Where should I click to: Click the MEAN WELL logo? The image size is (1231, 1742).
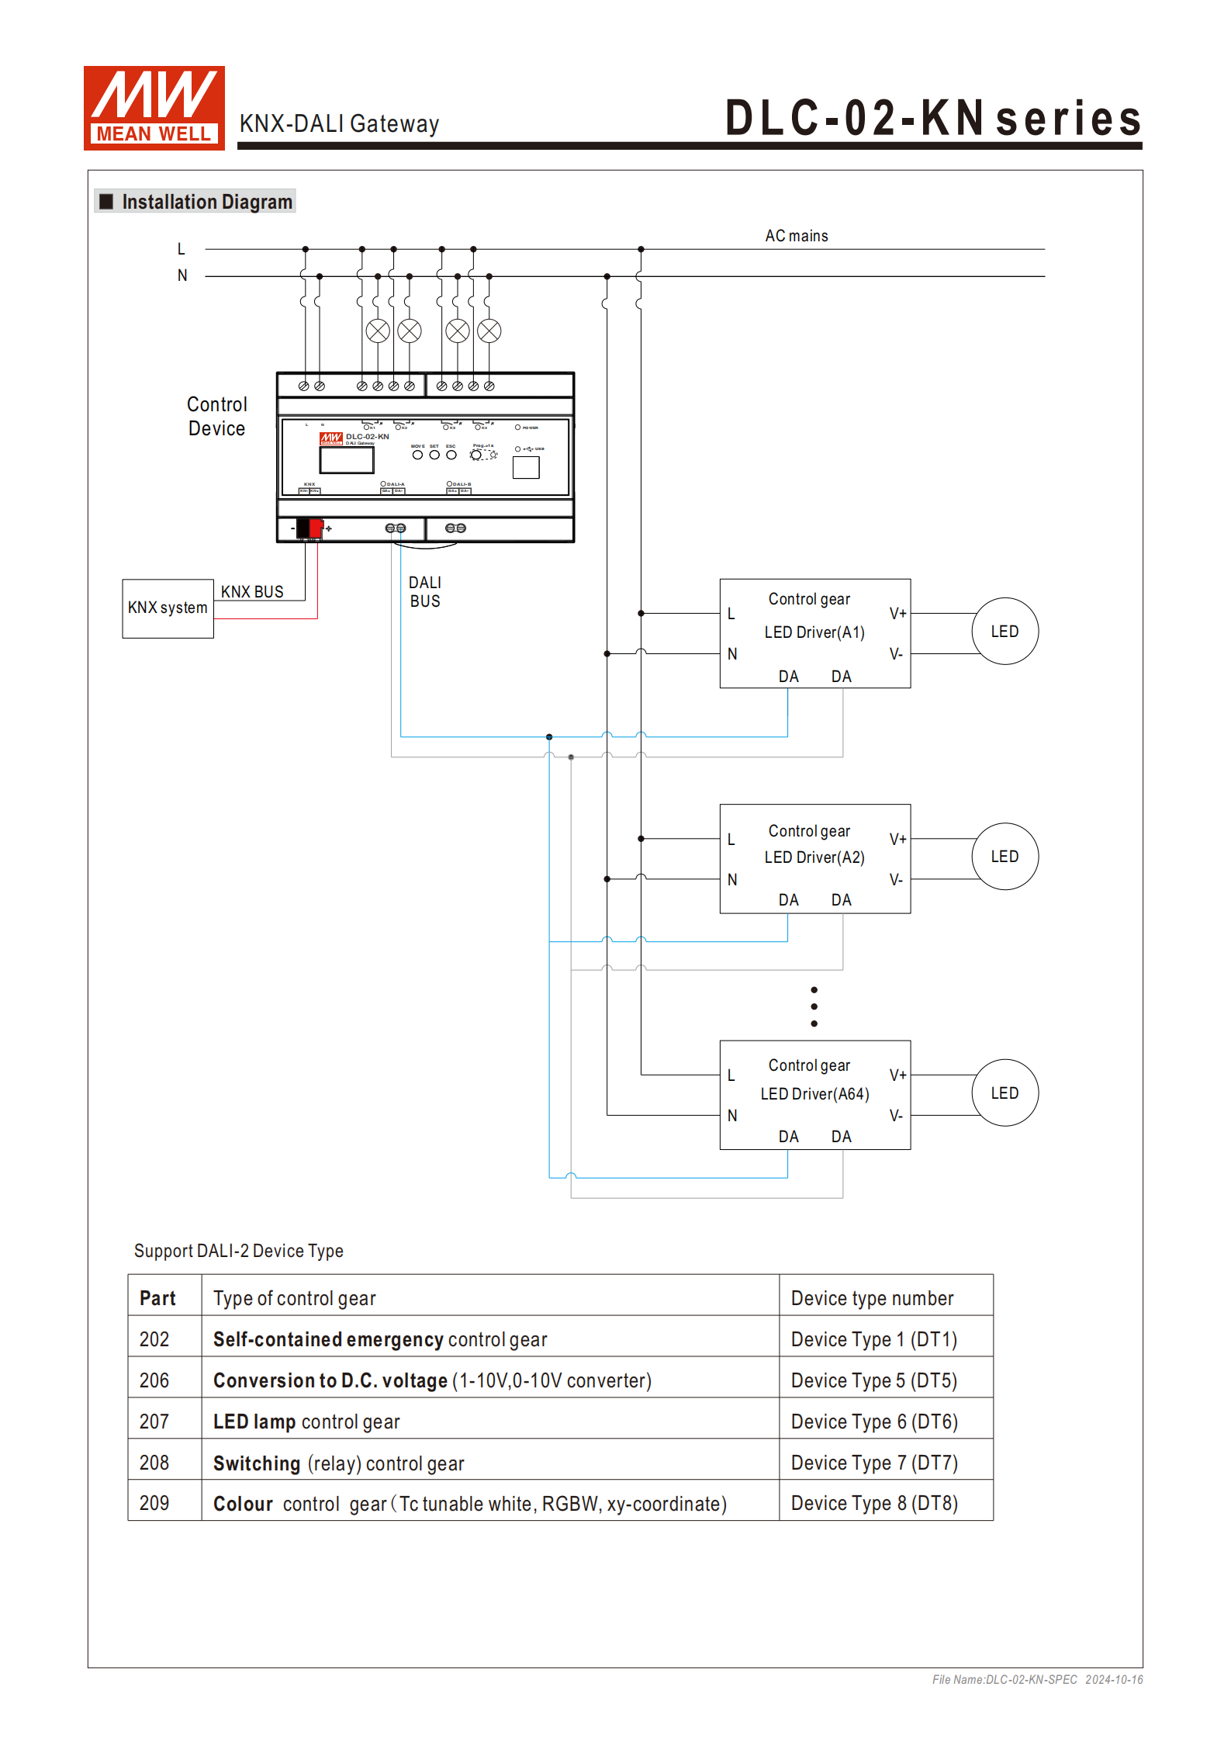tap(154, 108)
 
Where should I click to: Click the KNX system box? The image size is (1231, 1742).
tap(168, 608)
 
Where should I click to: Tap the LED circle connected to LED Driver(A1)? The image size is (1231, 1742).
tap(1005, 632)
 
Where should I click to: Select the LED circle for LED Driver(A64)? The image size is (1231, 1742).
tap(1005, 1093)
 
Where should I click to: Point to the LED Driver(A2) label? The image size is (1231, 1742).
tap(814, 857)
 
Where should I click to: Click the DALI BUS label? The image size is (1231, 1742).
tap(425, 592)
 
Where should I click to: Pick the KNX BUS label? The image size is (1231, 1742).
tap(252, 592)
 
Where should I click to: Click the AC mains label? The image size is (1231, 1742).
tap(796, 236)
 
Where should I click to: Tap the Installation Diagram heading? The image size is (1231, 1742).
tap(206, 203)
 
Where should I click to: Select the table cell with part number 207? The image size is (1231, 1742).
tap(154, 1422)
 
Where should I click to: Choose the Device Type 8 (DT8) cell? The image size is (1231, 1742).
tap(874, 1504)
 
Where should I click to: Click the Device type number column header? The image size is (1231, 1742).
tap(872, 1299)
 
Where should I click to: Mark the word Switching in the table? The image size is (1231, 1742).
tap(257, 1463)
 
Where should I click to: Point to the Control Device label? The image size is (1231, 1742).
tap(216, 417)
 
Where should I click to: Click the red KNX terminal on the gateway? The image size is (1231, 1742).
tap(316, 528)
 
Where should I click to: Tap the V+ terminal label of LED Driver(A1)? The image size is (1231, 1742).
tap(897, 614)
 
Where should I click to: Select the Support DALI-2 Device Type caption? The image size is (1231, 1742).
tap(238, 1251)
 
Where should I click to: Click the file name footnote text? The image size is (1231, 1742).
tap(1037, 1680)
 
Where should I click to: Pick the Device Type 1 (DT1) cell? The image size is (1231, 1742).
tap(873, 1340)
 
